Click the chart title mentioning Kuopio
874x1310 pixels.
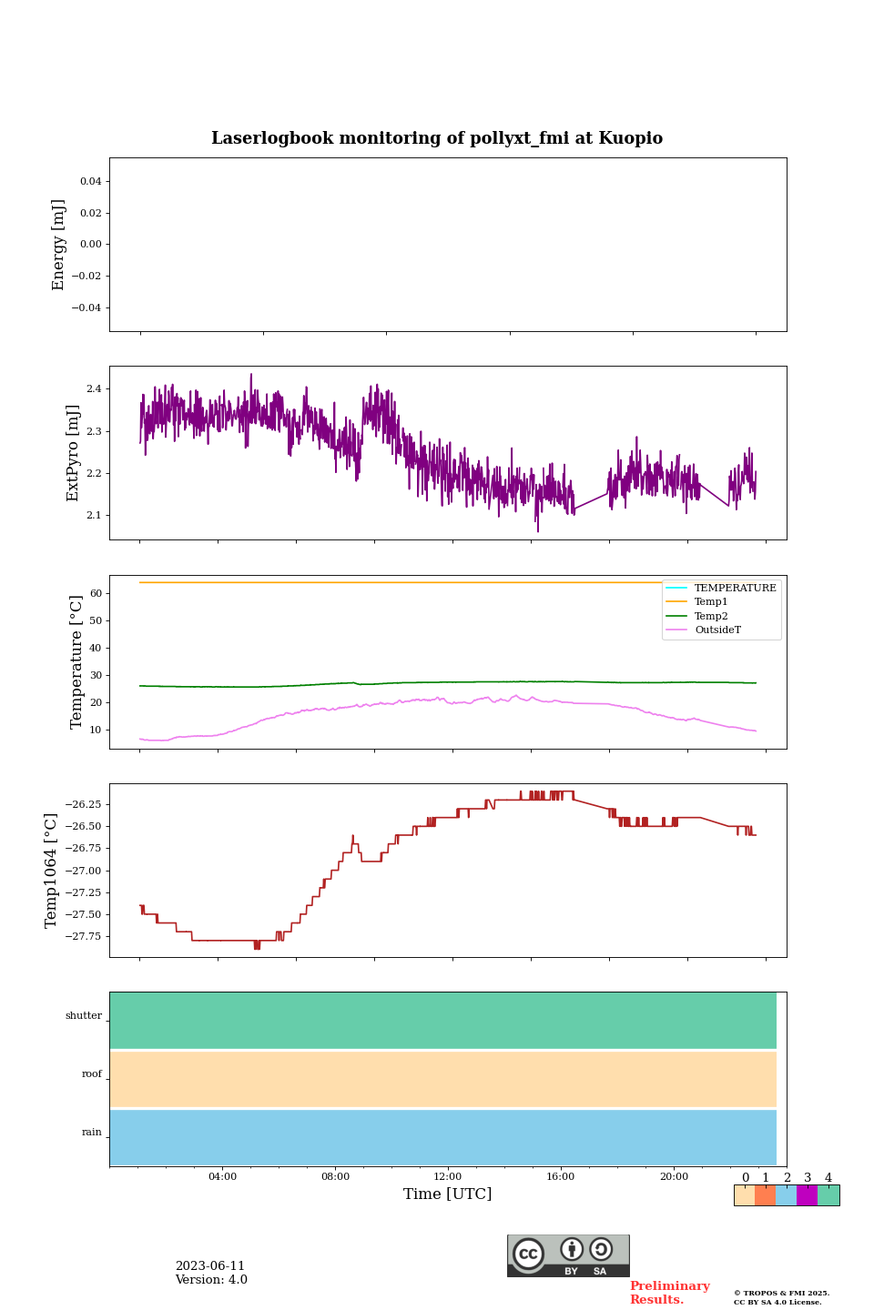(437, 138)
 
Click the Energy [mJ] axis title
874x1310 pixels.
(59, 245)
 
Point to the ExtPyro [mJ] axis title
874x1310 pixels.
(73, 453)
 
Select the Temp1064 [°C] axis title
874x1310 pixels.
(52, 870)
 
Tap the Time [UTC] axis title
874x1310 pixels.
(447, 1194)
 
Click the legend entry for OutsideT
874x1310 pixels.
(717, 630)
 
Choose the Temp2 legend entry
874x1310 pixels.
(711, 616)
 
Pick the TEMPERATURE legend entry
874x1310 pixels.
(735, 589)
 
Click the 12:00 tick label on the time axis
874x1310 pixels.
(447, 1176)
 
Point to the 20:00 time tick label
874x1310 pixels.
(674, 1176)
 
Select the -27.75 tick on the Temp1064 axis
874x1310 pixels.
(81, 937)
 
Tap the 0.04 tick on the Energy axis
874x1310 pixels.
(90, 182)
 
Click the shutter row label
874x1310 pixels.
(84, 1016)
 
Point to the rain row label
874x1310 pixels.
(92, 1133)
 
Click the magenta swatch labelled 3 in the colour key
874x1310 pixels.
(807, 1195)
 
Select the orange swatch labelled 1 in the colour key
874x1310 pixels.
(765, 1195)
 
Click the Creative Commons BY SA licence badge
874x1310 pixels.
(568, 1255)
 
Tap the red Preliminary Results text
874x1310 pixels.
(669, 1293)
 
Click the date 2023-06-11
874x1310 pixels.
(210, 1266)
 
